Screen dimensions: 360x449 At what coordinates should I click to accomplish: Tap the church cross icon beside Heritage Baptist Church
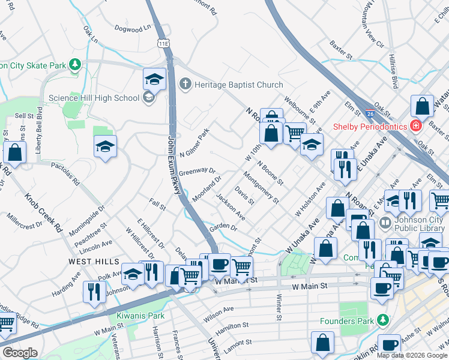185,85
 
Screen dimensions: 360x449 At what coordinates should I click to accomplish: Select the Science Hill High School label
102,98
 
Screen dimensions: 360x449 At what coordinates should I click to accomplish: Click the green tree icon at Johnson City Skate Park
75,65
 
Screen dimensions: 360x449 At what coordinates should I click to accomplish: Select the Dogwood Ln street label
134,28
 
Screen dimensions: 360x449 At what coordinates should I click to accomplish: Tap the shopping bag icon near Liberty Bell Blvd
14,153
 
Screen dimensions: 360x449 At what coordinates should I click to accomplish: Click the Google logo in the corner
20,353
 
